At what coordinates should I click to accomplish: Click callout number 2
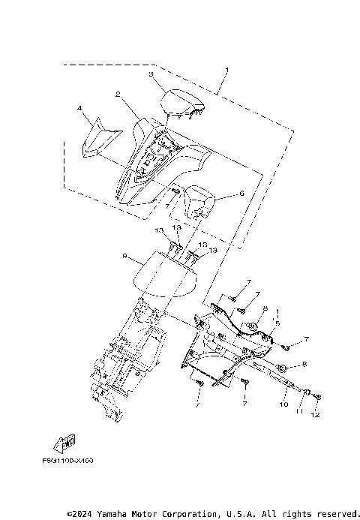(118, 95)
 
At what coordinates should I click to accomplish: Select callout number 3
(151, 75)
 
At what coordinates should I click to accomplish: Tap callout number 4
(79, 110)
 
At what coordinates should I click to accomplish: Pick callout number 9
(124, 256)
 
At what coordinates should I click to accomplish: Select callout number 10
(283, 404)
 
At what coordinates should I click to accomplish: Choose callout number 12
(316, 415)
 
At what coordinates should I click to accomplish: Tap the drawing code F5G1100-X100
(73, 460)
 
